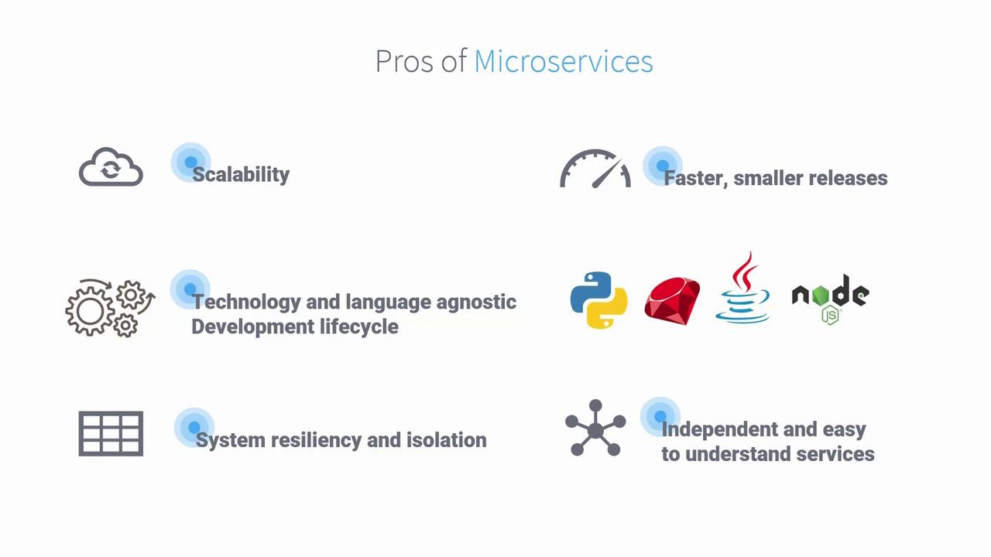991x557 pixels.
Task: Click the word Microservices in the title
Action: click(x=564, y=61)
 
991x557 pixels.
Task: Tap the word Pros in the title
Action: click(x=404, y=61)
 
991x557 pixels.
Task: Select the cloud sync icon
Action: click(x=111, y=166)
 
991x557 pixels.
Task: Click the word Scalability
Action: click(x=241, y=175)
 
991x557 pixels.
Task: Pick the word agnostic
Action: click(x=476, y=302)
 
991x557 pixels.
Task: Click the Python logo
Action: click(x=598, y=300)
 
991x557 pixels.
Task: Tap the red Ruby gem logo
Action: click(x=672, y=301)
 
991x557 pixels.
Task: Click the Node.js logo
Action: click(x=831, y=299)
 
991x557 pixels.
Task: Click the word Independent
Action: click(x=719, y=429)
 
